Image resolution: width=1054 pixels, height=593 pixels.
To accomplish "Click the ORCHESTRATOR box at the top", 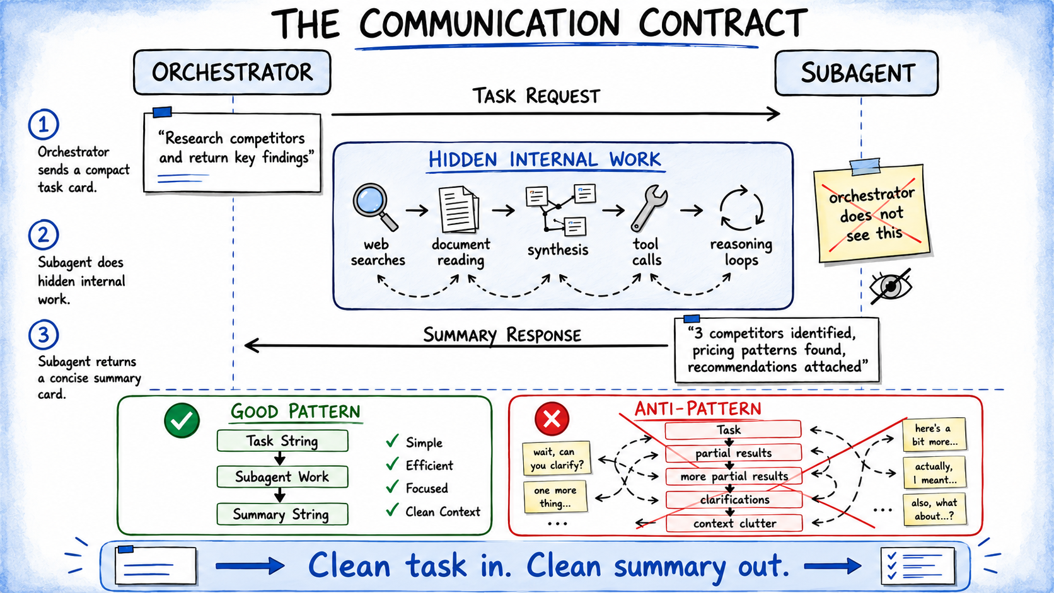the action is pos(232,72).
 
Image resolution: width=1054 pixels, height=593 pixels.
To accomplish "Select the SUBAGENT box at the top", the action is pos(856,73).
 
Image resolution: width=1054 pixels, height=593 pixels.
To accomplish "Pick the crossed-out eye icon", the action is pos(890,286).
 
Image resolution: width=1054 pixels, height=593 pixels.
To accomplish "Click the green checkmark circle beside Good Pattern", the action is pos(182,420).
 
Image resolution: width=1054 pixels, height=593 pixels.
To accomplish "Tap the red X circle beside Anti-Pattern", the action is pos(552,418).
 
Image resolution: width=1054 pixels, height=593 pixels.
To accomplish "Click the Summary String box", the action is pos(282,514).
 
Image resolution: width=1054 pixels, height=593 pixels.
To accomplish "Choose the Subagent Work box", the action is pos(282,477).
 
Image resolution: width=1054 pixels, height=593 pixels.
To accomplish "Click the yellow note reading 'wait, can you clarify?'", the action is pos(557,459).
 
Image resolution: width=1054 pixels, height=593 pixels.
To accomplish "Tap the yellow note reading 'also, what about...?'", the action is pos(934,509).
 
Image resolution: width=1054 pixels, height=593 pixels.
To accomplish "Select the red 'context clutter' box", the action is pos(734,523).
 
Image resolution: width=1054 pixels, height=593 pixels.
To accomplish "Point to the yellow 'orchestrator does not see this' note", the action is pos(872,213).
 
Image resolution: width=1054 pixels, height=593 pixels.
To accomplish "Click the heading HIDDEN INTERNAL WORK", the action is pos(545,160).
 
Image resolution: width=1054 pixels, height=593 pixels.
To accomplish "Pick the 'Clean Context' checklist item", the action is pos(433,511).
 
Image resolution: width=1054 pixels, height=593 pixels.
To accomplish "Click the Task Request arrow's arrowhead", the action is pos(773,114).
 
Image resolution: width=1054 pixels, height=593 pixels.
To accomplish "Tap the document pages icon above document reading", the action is pos(459,209).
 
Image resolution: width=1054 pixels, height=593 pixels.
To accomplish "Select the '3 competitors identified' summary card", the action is pos(777,349).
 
